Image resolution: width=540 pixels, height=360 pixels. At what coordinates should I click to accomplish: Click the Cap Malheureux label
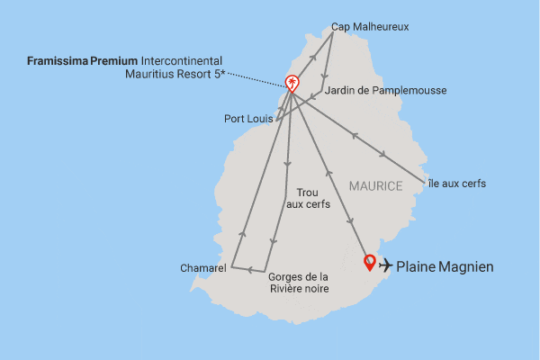[369, 27]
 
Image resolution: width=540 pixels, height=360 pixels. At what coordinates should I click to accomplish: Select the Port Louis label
[247, 118]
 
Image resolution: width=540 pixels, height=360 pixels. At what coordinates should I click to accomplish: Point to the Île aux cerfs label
[455, 184]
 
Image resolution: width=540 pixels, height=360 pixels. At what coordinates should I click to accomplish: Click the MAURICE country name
[373, 185]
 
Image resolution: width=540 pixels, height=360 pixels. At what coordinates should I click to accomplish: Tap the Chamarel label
[203, 267]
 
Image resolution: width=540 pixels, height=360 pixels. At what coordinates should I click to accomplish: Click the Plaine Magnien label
[445, 266]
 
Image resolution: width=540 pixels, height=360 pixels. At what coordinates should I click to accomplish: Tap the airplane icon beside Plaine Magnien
[386, 265]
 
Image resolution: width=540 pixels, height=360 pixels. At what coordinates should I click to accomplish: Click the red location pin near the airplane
[368, 263]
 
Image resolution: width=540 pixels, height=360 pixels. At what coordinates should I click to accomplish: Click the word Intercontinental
[183, 60]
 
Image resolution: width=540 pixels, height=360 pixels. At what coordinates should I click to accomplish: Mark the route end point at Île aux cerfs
[424, 179]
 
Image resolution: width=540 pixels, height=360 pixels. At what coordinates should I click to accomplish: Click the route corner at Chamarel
[231, 267]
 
